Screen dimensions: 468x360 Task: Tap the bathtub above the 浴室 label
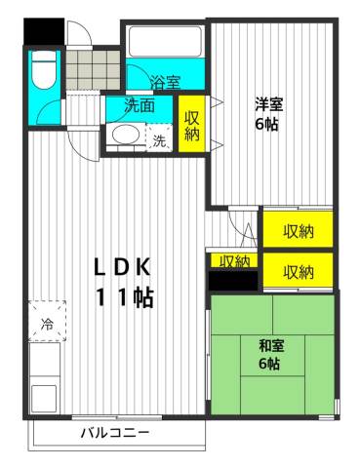(163, 44)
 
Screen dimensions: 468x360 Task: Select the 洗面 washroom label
(139, 105)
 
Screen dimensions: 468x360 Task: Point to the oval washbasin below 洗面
(125, 136)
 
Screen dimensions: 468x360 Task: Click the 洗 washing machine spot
(159, 139)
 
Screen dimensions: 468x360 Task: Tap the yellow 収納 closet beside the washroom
(191, 122)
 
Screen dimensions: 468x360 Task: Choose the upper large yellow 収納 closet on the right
(298, 231)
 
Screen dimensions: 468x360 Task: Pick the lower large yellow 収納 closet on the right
(298, 270)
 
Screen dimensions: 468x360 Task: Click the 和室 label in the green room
(270, 344)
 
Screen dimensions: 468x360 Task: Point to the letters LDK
(124, 266)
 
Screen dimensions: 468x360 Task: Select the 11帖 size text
(124, 297)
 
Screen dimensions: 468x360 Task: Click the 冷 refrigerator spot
(46, 322)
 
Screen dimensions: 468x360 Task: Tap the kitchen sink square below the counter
(44, 398)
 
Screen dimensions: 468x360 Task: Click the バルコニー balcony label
(115, 432)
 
